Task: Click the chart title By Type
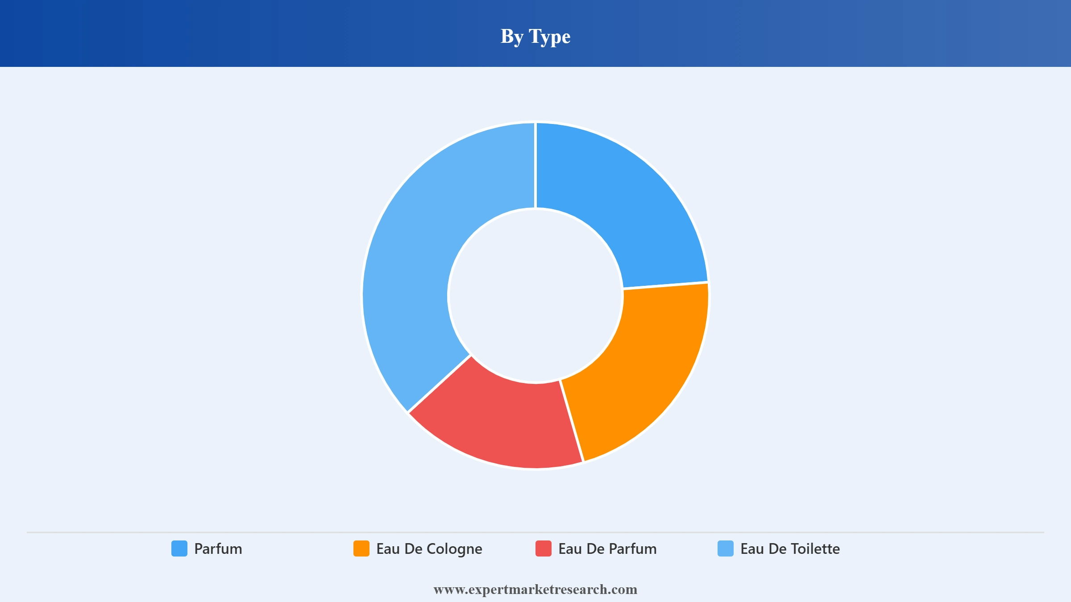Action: pos(535,37)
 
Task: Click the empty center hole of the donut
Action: pos(535,296)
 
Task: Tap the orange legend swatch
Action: pos(361,548)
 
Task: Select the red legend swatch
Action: pos(544,548)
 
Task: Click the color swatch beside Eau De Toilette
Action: pos(726,548)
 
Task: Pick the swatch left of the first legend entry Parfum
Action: pos(179,548)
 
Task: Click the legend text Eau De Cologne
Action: pos(429,549)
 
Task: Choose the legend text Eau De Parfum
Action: pos(607,548)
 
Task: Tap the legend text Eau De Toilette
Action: pos(790,548)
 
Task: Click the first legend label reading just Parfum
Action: pos(218,548)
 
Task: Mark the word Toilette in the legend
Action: pos(815,548)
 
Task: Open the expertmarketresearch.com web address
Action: pos(535,590)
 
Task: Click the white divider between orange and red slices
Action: pos(572,421)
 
